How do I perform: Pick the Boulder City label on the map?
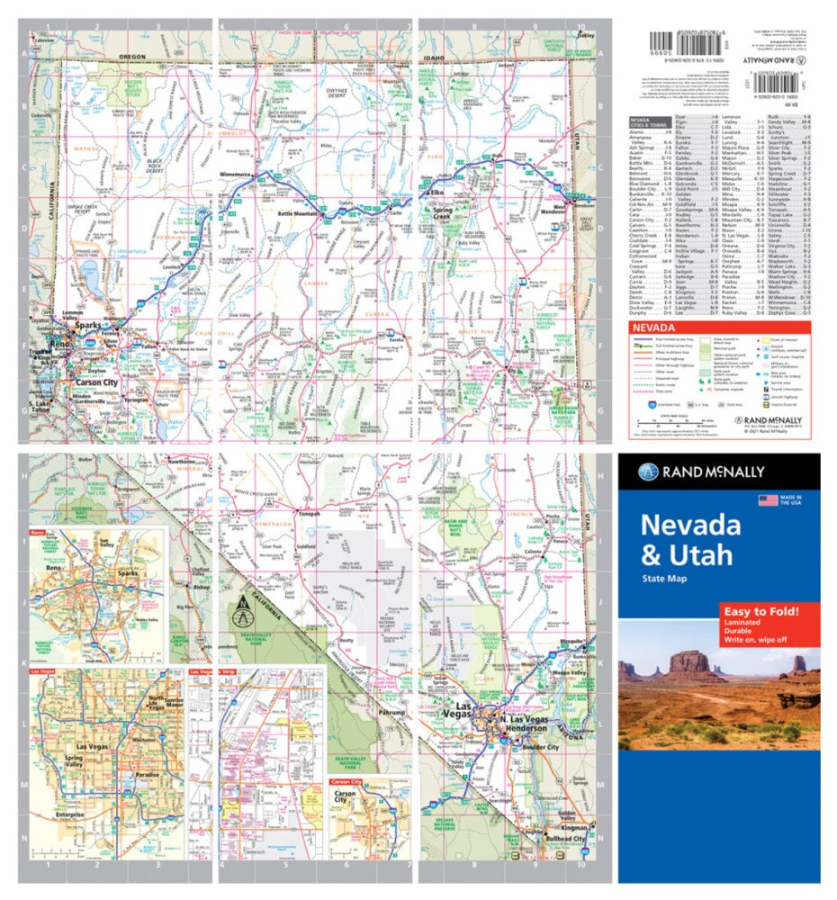540,747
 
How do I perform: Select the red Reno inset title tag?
38,534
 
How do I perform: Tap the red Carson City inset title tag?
345,783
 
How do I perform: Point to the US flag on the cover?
768,500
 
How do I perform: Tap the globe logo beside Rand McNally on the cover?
649,472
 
